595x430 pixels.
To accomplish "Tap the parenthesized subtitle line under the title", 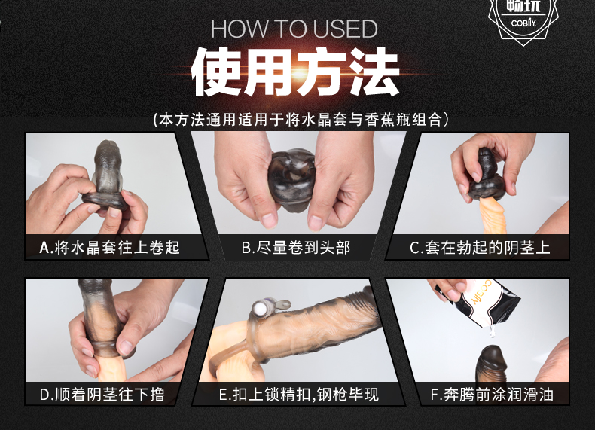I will [297, 119].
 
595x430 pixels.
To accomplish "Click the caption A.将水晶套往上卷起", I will [110, 247].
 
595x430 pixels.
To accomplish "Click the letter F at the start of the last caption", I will [434, 393].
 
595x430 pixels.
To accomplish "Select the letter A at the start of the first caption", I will [44, 247].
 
